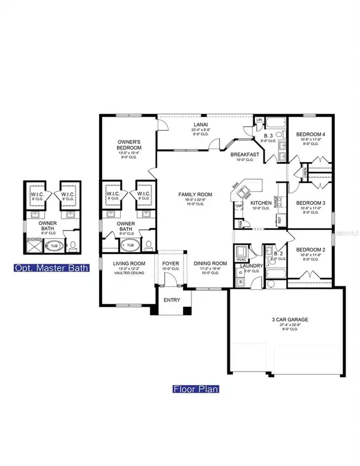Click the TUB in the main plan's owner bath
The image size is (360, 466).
point(130,245)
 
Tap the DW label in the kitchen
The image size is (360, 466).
point(238,205)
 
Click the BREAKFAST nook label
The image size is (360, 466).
point(245,154)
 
